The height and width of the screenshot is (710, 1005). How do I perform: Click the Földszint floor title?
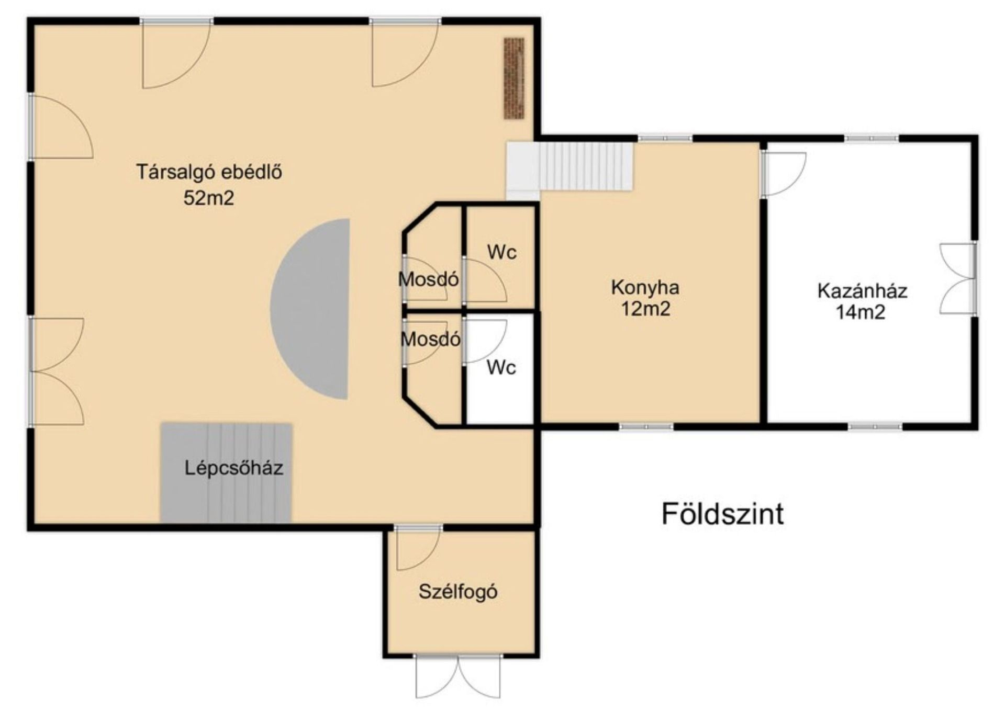pyautogui.click(x=723, y=514)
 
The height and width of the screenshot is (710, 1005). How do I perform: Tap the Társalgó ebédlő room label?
pyautogui.click(x=209, y=172)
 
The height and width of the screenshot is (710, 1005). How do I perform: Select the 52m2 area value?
pyautogui.click(x=209, y=198)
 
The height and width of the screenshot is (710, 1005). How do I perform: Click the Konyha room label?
pyautogui.click(x=645, y=287)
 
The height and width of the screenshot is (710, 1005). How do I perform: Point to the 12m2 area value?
pyautogui.click(x=645, y=309)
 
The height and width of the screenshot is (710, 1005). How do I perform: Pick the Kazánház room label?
pyautogui.click(x=862, y=290)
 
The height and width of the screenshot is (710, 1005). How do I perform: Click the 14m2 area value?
pyautogui.click(x=861, y=312)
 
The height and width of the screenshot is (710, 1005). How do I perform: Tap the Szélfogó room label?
pyautogui.click(x=458, y=592)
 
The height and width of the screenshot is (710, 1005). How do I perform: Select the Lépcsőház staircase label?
pyautogui.click(x=234, y=468)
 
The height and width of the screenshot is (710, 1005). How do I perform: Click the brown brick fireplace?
pyautogui.click(x=514, y=78)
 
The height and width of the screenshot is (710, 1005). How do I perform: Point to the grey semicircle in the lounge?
pyautogui.click(x=310, y=309)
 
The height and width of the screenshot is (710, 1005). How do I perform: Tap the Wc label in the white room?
pyautogui.click(x=501, y=368)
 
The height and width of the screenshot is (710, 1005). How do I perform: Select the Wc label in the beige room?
pyautogui.click(x=501, y=252)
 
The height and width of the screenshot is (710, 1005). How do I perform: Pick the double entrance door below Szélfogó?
pyautogui.click(x=458, y=676)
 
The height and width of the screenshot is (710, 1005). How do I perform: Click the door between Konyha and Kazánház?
pyautogui.click(x=783, y=174)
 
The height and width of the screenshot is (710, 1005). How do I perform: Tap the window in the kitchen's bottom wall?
pyautogui.click(x=646, y=427)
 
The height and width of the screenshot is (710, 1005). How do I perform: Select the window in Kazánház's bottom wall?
pyautogui.click(x=875, y=427)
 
